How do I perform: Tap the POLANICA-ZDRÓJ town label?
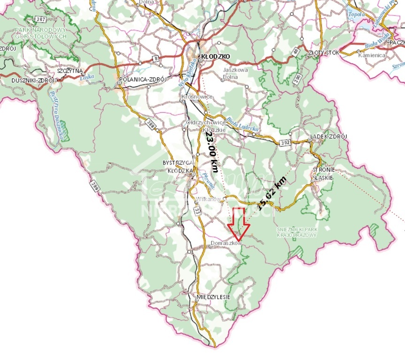pyautogui.click(x=144, y=79)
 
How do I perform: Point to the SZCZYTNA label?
pyautogui.click(x=69, y=70)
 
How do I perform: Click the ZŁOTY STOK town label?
pyautogui.click(x=323, y=52)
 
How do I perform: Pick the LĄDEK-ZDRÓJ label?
pyautogui.click(x=329, y=137)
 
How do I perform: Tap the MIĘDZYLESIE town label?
pyautogui.click(x=214, y=297)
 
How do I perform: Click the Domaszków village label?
pyautogui.click(x=226, y=243)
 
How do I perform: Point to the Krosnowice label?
pyautogui.click(x=197, y=97)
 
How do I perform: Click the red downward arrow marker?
pyautogui.click(x=239, y=224)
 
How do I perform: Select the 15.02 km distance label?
pyautogui.click(x=272, y=193)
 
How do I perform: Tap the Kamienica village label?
pyautogui.click(x=372, y=55)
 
